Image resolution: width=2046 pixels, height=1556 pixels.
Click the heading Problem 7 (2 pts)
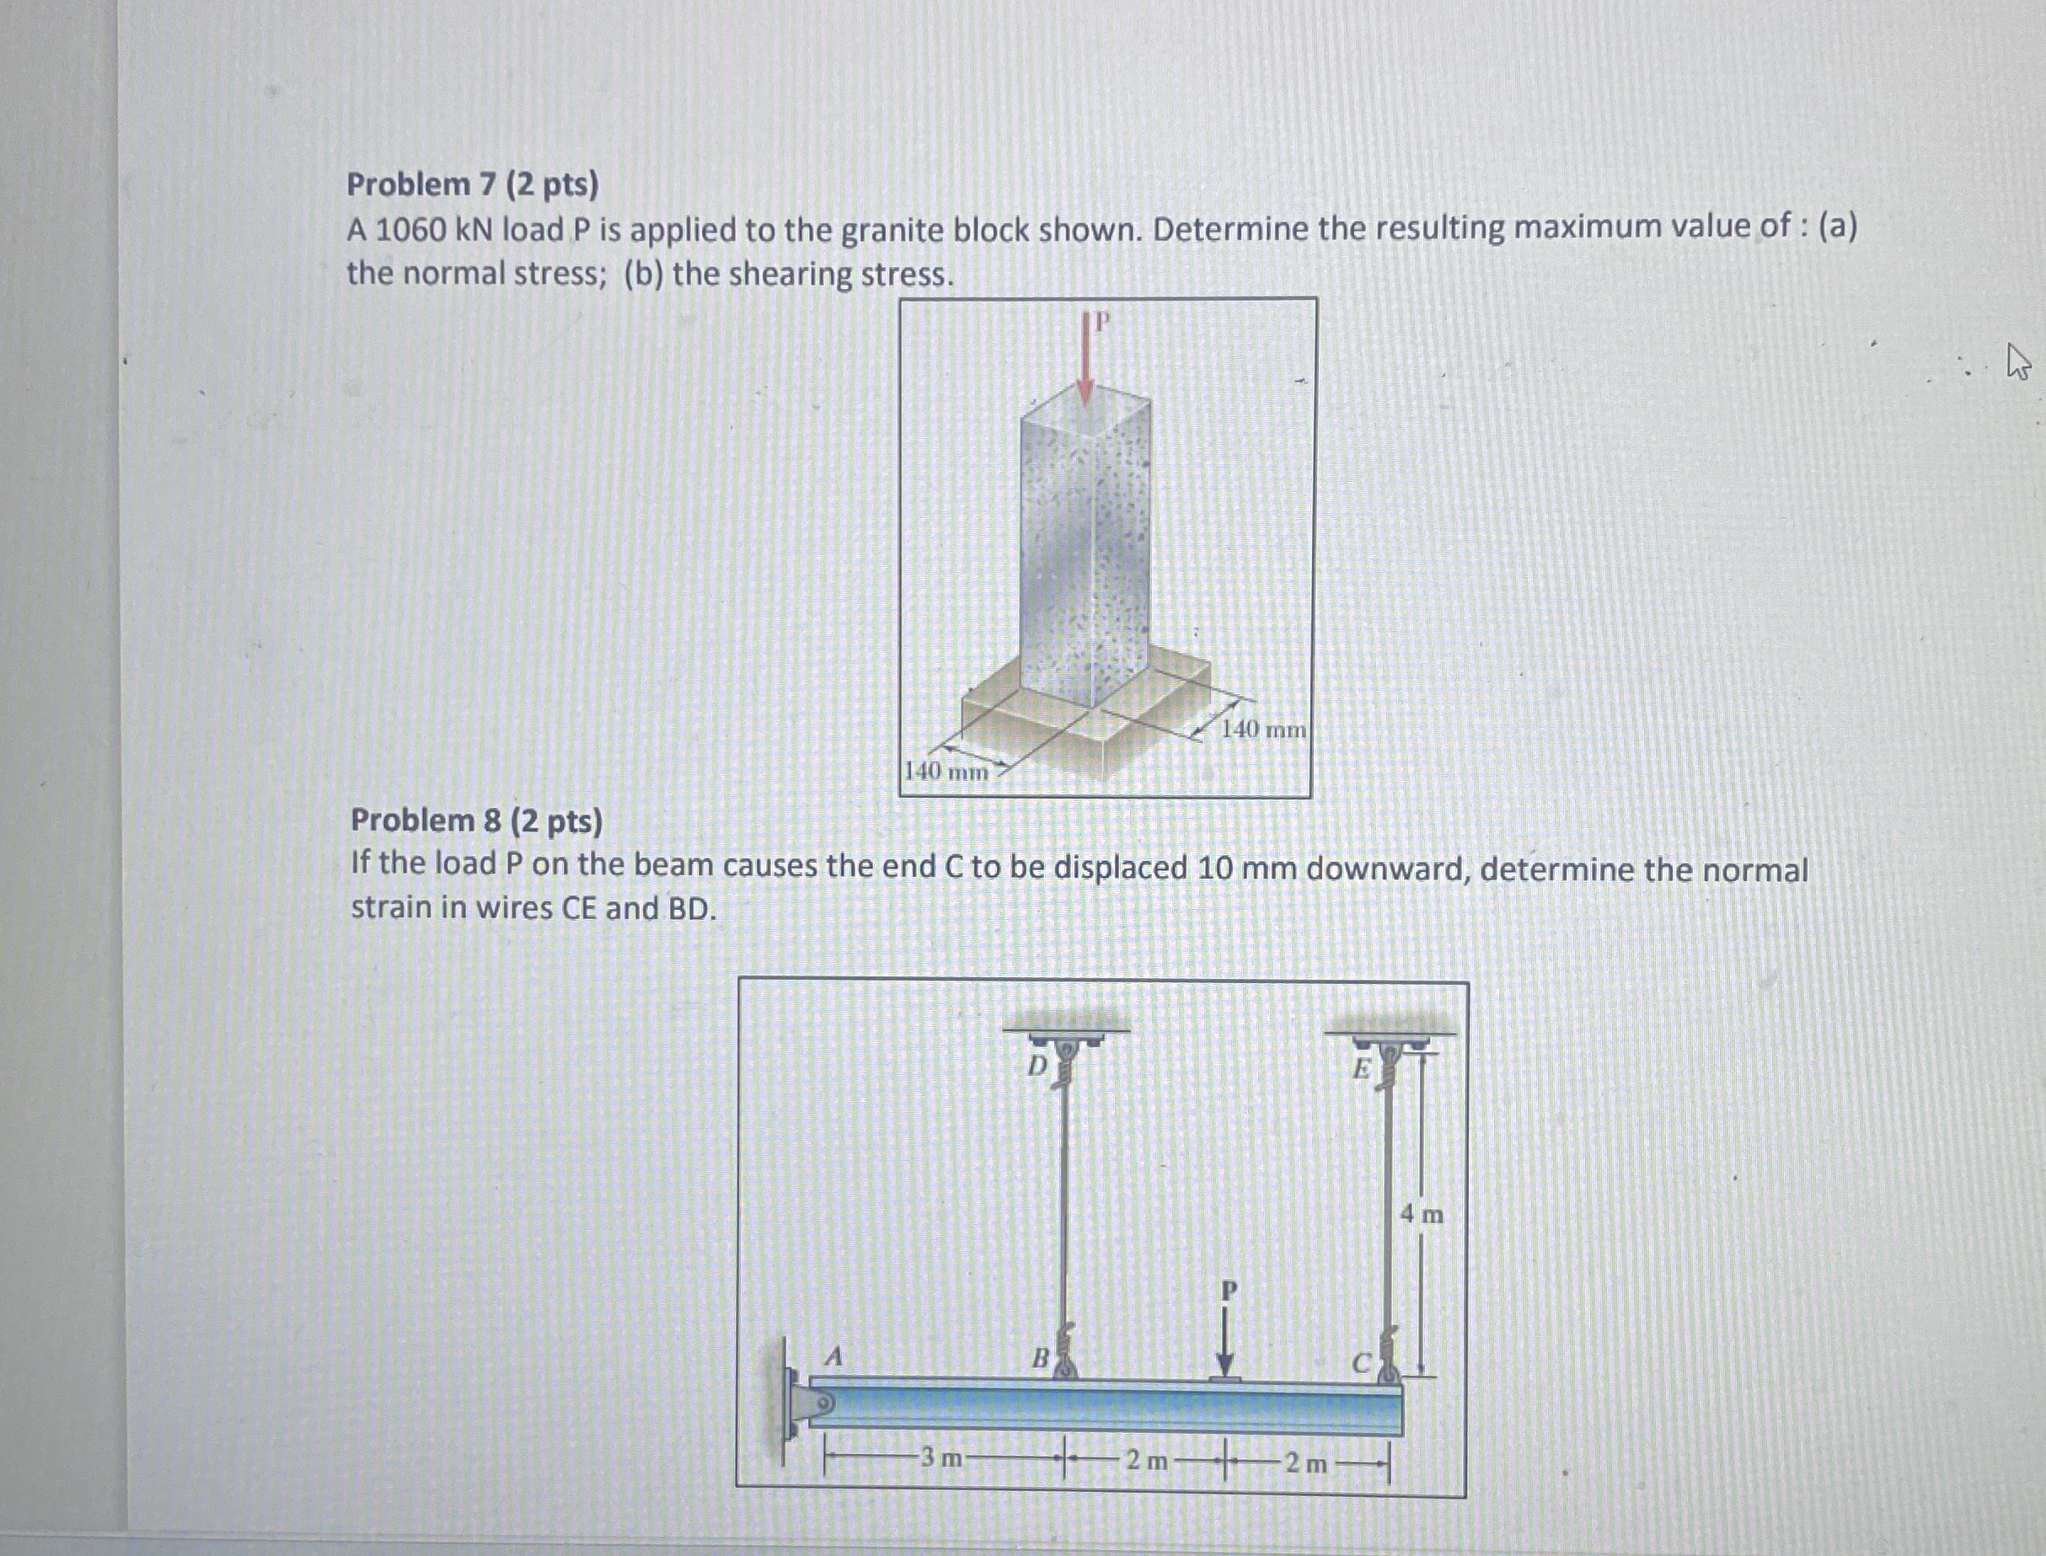tap(473, 185)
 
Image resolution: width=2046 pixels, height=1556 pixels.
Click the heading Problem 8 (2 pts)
tap(476, 821)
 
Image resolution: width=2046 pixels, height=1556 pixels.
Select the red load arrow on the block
tap(1085, 361)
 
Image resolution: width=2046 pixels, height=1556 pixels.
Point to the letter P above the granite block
tap(1101, 323)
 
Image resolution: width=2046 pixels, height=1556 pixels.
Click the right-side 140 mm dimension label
tap(1263, 730)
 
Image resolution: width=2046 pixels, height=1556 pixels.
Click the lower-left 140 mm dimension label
tap(945, 771)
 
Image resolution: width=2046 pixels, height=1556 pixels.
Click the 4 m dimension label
tap(1422, 1213)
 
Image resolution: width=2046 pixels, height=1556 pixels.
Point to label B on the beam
tap(1041, 1359)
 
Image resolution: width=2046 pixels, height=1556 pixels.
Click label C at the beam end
tap(1361, 1363)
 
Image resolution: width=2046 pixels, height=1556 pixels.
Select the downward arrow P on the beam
tap(1226, 1343)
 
